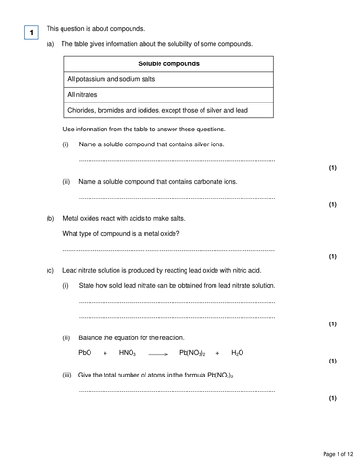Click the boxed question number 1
click(31, 34)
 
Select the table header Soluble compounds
click(168, 63)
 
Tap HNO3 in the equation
click(128, 353)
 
